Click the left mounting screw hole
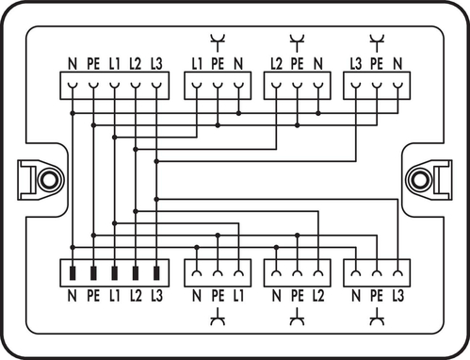click(x=47, y=179)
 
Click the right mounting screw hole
click(x=417, y=179)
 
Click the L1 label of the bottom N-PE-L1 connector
click(x=238, y=297)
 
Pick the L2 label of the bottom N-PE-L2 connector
click(x=318, y=297)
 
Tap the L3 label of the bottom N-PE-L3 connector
click(x=398, y=297)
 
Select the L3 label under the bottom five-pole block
click(x=156, y=297)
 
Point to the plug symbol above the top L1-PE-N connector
click(x=218, y=40)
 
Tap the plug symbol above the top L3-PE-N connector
click(x=377, y=40)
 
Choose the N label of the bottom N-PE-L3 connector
click(x=356, y=297)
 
